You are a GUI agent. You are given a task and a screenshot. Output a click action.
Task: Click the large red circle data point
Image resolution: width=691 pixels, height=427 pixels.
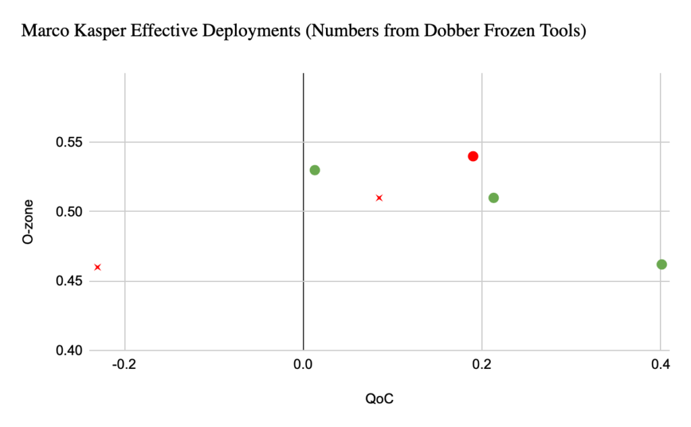pyautogui.click(x=473, y=156)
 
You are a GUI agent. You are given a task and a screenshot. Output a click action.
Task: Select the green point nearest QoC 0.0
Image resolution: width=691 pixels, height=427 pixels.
pyautogui.click(x=314, y=170)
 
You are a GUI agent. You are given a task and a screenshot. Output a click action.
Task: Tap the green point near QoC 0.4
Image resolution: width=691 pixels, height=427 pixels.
pyautogui.click(x=661, y=264)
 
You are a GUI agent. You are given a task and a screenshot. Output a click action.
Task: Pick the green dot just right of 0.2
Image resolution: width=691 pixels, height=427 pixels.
pyautogui.click(x=493, y=198)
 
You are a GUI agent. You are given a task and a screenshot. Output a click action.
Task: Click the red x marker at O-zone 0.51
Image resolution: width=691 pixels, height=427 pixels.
pyautogui.click(x=379, y=198)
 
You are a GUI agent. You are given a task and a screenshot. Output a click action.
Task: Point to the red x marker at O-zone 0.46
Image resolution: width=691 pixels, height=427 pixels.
pyautogui.click(x=98, y=267)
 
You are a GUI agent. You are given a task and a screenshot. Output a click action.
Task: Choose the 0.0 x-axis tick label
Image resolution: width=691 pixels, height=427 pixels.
pyautogui.click(x=303, y=366)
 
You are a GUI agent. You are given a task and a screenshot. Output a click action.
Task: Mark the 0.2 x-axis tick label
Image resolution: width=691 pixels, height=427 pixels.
pyautogui.click(x=481, y=366)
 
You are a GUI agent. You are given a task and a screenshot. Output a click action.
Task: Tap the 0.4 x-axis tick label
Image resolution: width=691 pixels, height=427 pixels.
pyautogui.click(x=660, y=366)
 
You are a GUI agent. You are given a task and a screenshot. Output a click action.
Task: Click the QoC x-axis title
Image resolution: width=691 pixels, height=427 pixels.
pyautogui.click(x=379, y=399)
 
